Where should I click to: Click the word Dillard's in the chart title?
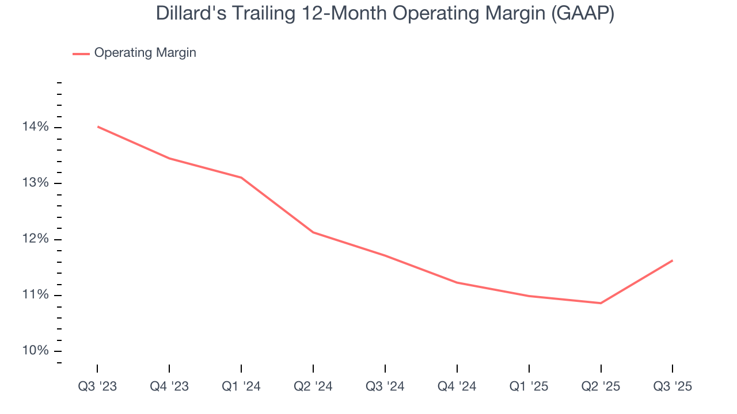(187, 13)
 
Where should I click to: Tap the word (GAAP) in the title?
(583, 13)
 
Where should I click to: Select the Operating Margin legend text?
(145, 53)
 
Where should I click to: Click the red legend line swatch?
(81, 53)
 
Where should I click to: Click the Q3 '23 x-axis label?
(97, 386)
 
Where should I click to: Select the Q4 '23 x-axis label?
(169, 386)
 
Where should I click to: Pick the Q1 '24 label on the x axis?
(241, 386)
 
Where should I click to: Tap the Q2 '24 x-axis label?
(313, 386)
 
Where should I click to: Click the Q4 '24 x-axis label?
(457, 386)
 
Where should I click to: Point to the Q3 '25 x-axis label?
(673, 386)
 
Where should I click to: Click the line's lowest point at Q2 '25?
(601, 303)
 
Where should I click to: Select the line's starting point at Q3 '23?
(98, 126)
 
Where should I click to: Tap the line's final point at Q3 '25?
(672, 260)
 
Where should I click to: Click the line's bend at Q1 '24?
(241, 178)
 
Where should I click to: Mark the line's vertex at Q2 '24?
(313, 232)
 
